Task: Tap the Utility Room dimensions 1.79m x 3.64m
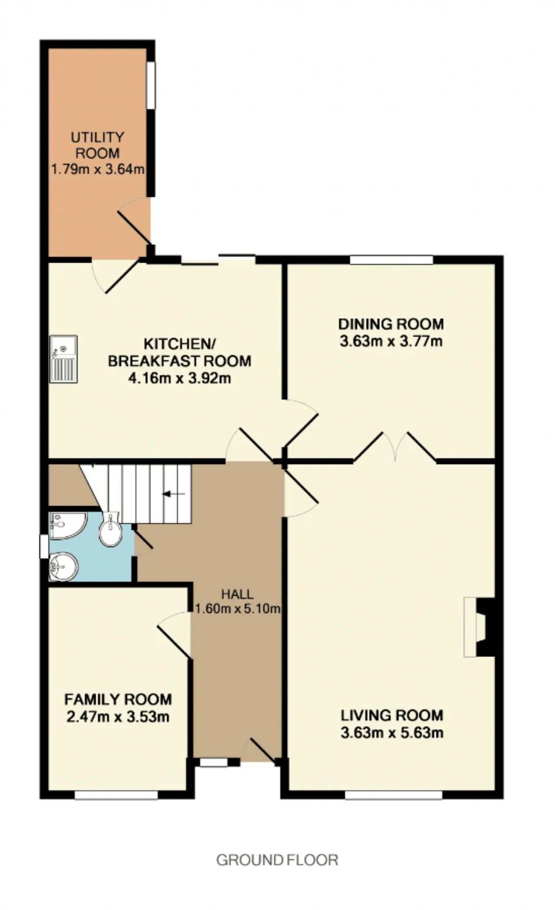[98, 169]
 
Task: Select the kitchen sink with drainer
[63, 359]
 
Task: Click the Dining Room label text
[391, 324]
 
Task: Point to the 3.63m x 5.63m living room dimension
[392, 733]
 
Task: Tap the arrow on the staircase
[174, 494]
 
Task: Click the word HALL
[237, 594]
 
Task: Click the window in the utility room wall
[150, 85]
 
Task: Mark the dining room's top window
[392, 260]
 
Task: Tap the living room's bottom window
[394, 795]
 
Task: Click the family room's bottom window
[116, 795]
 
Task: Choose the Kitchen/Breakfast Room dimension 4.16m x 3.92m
[180, 378]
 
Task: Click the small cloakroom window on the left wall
[44, 547]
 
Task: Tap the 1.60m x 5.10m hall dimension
[238, 609]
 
